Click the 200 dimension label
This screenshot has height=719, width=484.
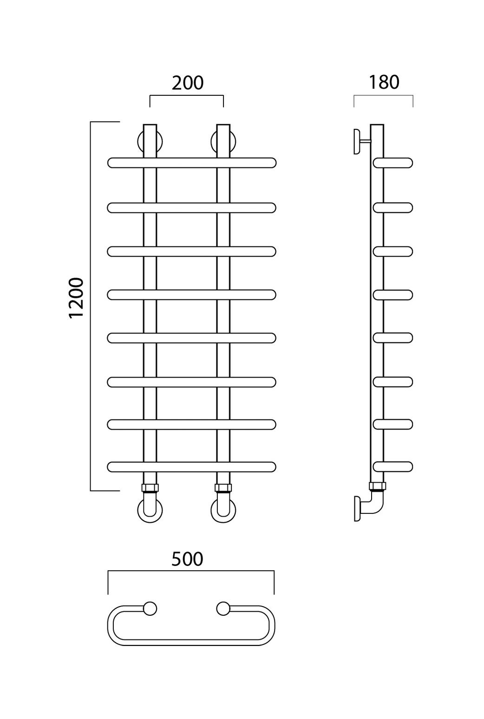(188, 83)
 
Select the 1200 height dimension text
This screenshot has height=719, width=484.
(76, 298)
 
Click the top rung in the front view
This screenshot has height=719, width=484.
(192, 163)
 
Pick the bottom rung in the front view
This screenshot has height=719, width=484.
(192, 467)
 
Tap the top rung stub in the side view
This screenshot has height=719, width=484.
(393, 163)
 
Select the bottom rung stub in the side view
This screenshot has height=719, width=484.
(393, 467)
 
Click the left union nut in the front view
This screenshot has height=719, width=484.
(150, 488)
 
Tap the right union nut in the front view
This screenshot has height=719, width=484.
(223, 488)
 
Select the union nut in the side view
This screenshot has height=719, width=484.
(377, 486)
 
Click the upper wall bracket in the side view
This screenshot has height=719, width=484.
(357, 141)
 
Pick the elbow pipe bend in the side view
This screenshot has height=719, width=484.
(376, 505)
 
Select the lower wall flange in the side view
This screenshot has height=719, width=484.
(357, 508)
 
